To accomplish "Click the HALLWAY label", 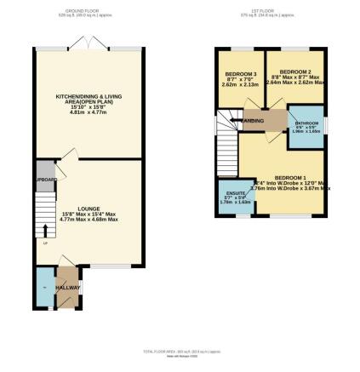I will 67,289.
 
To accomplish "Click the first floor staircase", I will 226,149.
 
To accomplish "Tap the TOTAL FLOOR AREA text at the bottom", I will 179,352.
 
